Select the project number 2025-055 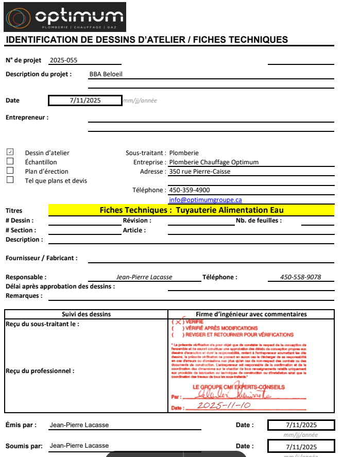tap(63, 60)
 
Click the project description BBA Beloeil tap(106, 74)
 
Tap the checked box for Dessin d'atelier tap(10, 153)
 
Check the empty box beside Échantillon tap(10, 161)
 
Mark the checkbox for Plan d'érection tap(10, 171)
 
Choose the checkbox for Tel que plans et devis tap(10, 180)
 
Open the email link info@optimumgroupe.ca tap(205, 199)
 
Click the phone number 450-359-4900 tap(189, 190)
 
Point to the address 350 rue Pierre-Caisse tap(200, 172)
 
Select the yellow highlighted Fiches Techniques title tap(191, 210)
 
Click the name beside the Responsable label tap(144, 277)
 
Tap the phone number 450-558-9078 tap(300, 277)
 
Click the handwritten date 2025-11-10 tap(224, 406)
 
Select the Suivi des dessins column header tap(86, 314)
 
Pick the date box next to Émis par tap(301, 425)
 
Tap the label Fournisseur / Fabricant tap(41, 258)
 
